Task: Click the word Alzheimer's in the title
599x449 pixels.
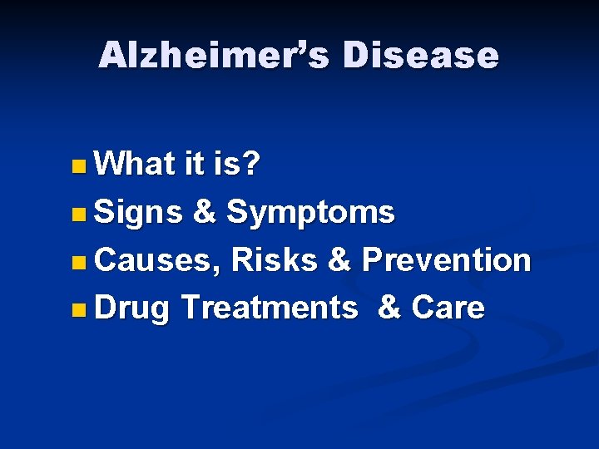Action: click(x=212, y=56)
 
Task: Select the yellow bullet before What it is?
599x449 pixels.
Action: click(x=77, y=167)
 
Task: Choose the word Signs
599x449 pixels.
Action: click(x=138, y=214)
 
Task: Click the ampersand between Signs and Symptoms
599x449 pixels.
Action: click(x=204, y=213)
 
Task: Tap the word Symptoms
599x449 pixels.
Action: click(x=311, y=214)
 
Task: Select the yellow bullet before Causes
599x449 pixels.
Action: click(x=77, y=264)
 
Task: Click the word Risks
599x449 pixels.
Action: click(x=275, y=260)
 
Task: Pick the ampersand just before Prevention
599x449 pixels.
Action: click(x=339, y=260)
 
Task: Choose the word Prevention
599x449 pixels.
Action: click(x=446, y=260)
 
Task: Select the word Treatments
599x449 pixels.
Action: click(x=268, y=308)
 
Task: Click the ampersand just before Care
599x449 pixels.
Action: click(x=389, y=308)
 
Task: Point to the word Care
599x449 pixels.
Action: click(x=448, y=308)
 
